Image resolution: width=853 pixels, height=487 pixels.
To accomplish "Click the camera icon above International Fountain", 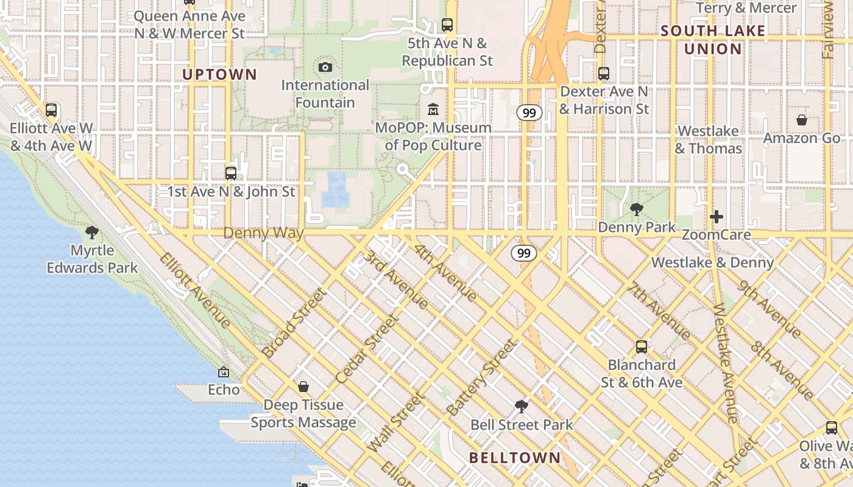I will pos(325,67).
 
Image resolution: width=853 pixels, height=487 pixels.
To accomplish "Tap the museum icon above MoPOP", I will pos(433,110).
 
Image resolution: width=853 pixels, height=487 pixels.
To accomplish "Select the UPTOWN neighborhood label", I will pos(219,75).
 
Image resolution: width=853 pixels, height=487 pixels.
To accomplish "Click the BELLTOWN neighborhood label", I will pos(515,458).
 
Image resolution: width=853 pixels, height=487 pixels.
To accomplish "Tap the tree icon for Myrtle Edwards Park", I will pos(92,232).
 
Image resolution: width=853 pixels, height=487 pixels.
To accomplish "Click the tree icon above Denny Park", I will pos(636,209).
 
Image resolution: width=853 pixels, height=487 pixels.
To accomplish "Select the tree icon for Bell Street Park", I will pos(521,406).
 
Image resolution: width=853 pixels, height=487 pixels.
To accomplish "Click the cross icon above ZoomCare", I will pos(717,217).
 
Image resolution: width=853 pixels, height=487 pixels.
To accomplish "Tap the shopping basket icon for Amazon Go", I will pos(802,121).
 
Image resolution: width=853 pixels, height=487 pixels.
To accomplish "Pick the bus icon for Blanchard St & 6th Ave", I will pos(642,347).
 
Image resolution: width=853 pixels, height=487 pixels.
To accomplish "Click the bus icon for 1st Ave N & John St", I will pos(231,173).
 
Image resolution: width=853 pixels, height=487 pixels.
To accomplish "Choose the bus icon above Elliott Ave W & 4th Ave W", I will pos(51,110).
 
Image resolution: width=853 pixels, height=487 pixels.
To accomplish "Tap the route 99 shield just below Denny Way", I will pos(524,253).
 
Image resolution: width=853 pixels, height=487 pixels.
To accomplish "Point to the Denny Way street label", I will pos(263,233).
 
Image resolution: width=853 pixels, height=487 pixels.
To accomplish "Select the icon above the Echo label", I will pos(224,371).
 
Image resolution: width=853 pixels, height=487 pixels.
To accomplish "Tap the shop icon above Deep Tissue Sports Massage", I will pos(303,387).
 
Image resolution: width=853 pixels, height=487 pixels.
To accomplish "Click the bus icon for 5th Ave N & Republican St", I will pos(447,25).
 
